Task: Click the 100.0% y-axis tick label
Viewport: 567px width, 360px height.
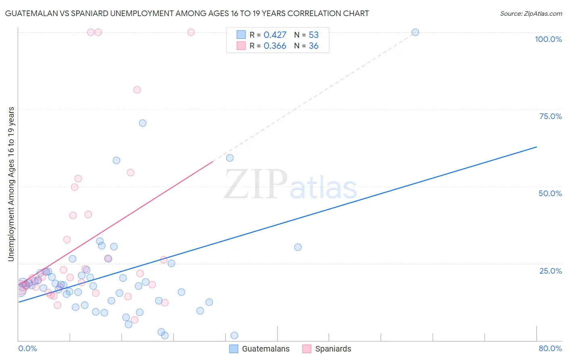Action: (548, 39)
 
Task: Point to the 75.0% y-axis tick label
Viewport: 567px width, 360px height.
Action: (550, 116)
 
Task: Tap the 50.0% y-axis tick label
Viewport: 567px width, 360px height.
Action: (550, 193)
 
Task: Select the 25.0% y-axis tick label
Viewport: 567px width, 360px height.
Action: (550, 271)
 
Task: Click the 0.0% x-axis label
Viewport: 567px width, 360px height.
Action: (27, 348)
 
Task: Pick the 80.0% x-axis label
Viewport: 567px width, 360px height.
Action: (550, 348)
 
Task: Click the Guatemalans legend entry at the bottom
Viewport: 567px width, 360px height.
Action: (265, 349)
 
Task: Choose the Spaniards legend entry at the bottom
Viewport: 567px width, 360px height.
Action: (333, 349)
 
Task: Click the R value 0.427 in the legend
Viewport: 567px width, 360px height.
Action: (275, 35)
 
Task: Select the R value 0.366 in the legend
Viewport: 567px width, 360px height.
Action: (275, 46)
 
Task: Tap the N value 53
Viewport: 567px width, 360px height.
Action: (313, 35)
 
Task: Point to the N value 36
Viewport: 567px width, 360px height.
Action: (313, 46)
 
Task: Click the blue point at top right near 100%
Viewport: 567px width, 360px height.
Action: (415, 32)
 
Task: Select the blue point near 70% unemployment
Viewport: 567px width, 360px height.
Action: (142, 123)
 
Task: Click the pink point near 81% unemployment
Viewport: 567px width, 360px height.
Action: (137, 90)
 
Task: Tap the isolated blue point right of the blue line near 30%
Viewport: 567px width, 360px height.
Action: (298, 247)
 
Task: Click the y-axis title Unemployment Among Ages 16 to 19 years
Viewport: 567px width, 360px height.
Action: (11, 184)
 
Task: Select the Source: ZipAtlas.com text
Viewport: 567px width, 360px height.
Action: (531, 13)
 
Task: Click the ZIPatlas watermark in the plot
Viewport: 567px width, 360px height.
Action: (290, 185)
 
